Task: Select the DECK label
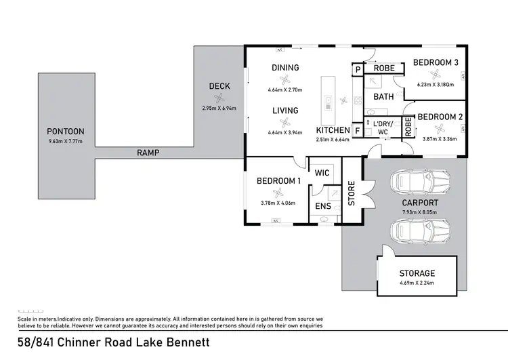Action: point(219,86)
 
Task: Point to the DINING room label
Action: point(285,68)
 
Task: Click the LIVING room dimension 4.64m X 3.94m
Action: point(285,133)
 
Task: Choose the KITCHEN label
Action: point(333,130)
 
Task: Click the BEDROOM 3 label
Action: point(436,63)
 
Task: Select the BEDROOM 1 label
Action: point(278,181)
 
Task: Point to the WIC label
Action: point(322,174)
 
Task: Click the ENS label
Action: point(322,207)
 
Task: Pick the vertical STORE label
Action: point(352,192)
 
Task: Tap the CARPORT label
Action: point(419,203)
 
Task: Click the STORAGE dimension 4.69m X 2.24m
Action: point(417,283)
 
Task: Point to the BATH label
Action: point(383,97)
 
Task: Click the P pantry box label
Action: point(357,69)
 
